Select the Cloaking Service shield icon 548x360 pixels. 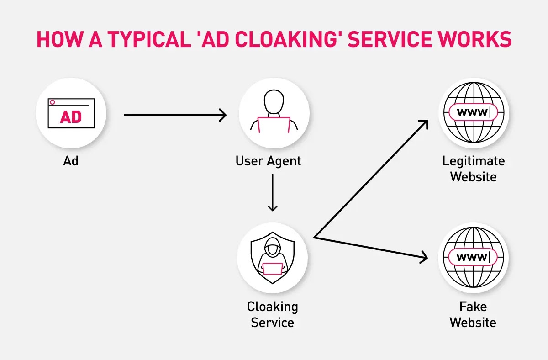point(273,258)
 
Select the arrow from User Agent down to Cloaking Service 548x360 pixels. point(273,192)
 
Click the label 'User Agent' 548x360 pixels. point(269,161)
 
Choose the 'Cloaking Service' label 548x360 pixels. point(273,314)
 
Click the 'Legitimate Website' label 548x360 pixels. point(473,169)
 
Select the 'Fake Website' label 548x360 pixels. point(473,314)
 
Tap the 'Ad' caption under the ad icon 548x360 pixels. point(71,161)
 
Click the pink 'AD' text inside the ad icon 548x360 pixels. point(71,117)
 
